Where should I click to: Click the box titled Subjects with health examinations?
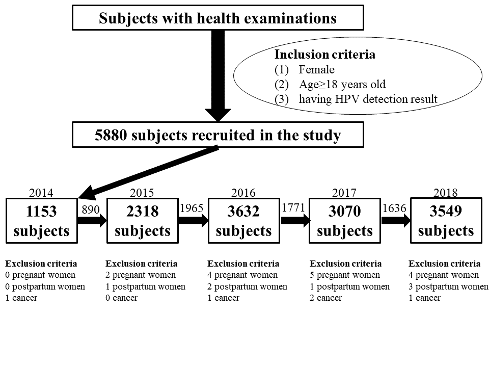(218, 17)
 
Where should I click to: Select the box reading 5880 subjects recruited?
(218, 135)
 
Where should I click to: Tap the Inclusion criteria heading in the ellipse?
(324, 55)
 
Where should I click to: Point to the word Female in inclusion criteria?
(316, 69)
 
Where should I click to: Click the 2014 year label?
(41, 193)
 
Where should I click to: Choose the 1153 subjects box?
(41, 220)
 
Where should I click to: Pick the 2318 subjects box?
(143, 220)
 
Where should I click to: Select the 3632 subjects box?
(244, 220)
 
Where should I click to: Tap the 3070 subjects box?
(345, 220)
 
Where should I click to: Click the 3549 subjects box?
(446, 220)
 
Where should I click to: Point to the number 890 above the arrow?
(91, 209)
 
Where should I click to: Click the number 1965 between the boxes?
(192, 208)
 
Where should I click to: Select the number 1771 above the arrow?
(293, 208)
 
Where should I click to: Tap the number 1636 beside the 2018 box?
(394, 208)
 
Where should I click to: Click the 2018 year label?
(446, 193)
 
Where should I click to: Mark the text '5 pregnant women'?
(345, 275)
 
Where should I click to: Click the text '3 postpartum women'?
(448, 286)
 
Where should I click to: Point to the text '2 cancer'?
(325, 298)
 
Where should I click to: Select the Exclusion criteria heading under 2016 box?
(243, 264)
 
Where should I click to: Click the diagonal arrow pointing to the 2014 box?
(148, 173)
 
